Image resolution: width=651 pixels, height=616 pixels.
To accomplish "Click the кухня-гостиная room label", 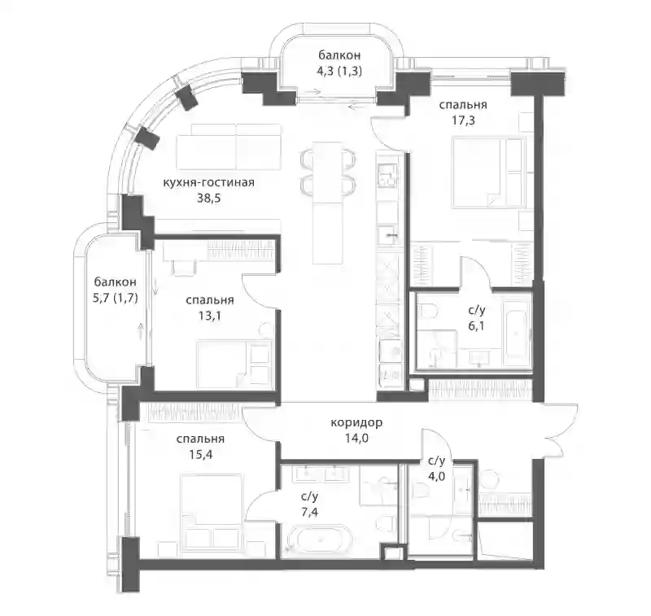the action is (208, 182).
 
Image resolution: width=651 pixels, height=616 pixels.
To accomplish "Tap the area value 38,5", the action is (209, 199).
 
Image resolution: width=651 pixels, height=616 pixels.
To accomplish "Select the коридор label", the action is (356, 423).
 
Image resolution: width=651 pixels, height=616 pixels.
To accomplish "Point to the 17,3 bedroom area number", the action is (463, 120).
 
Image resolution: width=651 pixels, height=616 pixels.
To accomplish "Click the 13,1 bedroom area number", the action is (210, 316).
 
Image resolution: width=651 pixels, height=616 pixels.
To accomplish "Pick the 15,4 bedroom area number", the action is (200, 455).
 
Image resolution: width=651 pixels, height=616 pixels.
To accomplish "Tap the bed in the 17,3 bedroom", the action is (487, 173).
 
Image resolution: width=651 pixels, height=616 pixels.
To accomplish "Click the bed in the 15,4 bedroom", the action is (212, 509).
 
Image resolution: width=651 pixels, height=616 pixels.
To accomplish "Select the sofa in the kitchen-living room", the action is (229, 146).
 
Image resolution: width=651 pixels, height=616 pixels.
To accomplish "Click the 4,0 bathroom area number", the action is (436, 476).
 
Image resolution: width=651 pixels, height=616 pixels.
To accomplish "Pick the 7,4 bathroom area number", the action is (310, 512).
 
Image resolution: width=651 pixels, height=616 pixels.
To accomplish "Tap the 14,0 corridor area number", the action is (356, 439).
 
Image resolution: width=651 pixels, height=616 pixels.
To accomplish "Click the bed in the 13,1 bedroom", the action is (234, 364).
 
